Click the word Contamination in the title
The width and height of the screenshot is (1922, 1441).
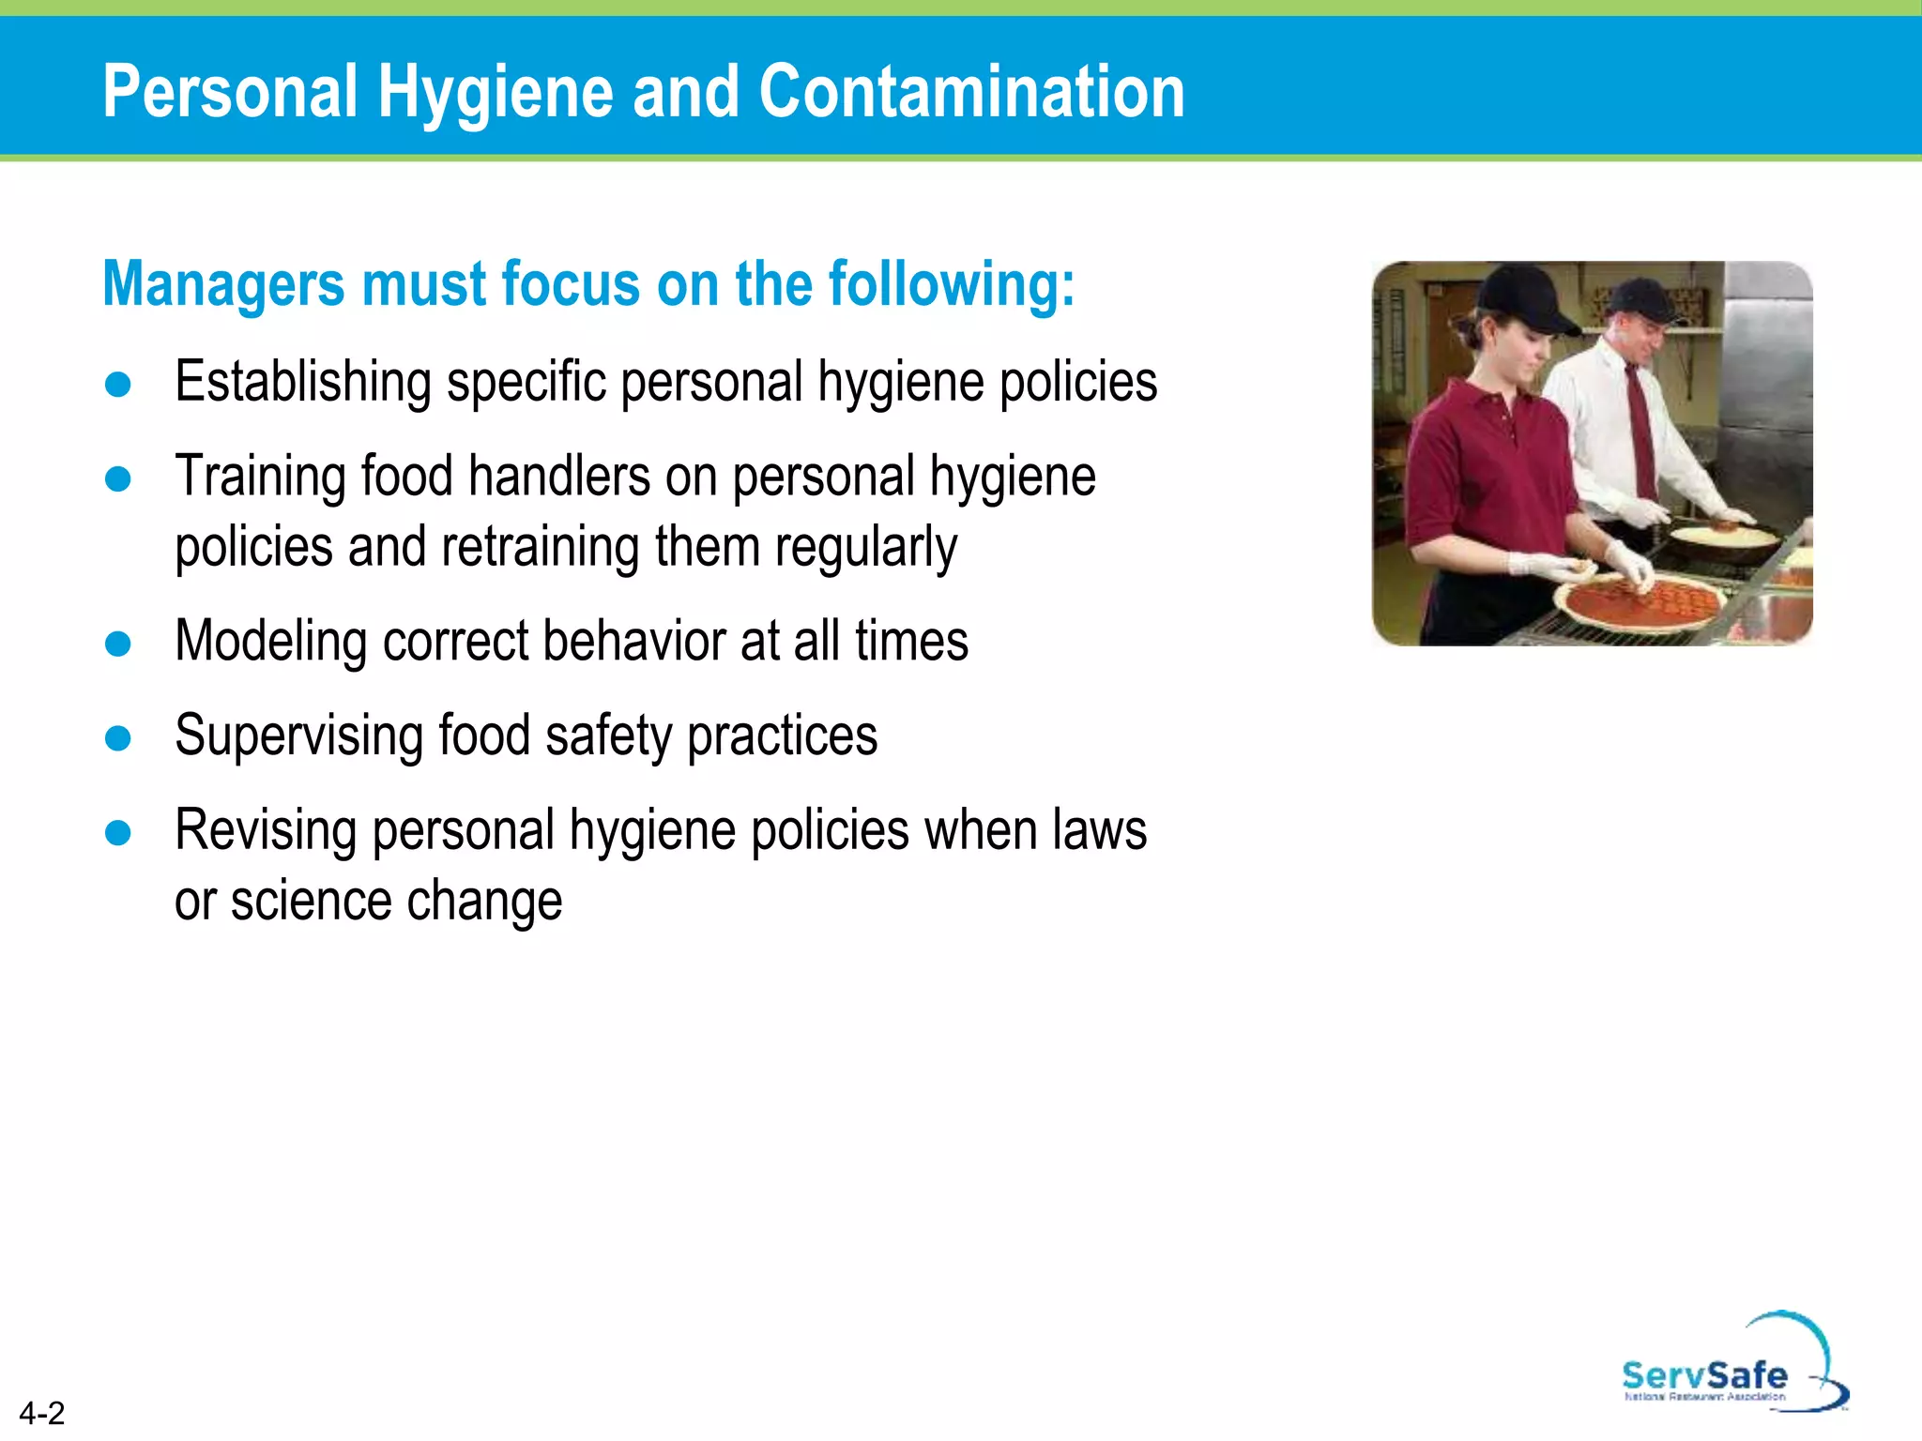pos(971,91)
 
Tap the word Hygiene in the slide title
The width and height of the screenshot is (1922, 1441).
pos(495,93)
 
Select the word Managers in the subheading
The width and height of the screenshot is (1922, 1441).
pos(224,283)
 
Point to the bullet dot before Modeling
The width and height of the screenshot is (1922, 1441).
pos(118,644)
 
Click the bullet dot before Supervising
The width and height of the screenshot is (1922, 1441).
pos(118,738)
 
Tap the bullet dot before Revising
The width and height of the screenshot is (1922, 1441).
pos(118,833)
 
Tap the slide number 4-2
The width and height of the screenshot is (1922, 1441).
pos(42,1413)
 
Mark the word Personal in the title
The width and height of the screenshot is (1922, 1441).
pos(230,91)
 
